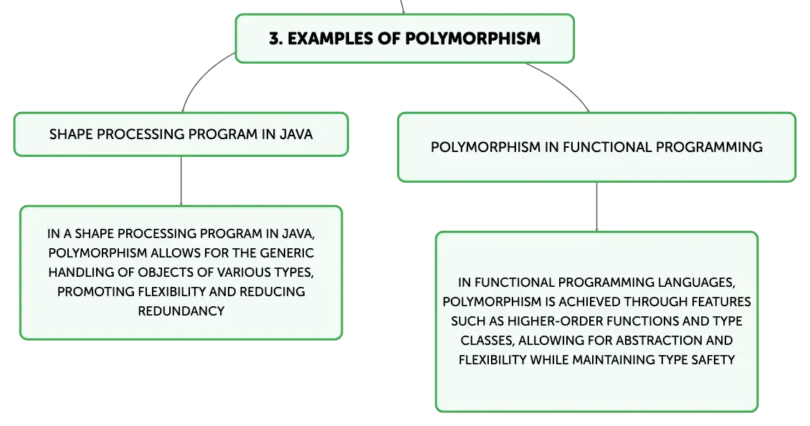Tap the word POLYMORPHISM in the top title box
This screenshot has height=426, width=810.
pyautogui.click(x=472, y=38)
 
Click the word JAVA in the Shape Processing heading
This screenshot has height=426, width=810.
pyautogui.click(x=296, y=134)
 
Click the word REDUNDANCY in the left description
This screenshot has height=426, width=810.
pyautogui.click(x=181, y=311)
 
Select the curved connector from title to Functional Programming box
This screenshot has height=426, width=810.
pyautogui.click(x=564, y=82)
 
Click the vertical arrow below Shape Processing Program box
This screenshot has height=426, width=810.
pyautogui.click(x=181, y=181)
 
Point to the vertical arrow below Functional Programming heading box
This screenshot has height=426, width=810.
pyautogui.click(x=596, y=207)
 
